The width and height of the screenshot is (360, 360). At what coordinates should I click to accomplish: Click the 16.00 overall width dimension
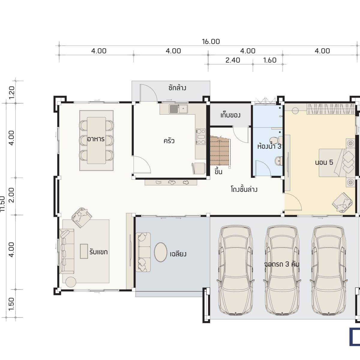click(x=211, y=41)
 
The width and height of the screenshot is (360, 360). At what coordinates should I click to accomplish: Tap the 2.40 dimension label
click(x=232, y=60)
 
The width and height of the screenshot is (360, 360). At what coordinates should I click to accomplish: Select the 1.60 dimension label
click(x=270, y=60)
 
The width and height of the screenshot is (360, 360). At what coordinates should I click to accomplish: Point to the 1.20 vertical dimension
click(x=12, y=92)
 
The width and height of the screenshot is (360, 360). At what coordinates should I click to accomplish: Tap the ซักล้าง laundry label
click(x=177, y=88)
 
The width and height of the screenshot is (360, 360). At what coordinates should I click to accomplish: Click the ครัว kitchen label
click(x=169, y=141)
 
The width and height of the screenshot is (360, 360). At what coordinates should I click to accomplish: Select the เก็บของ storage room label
click(x=230, y=115)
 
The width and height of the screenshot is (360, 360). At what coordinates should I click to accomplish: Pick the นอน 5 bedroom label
click(x=324, y=162)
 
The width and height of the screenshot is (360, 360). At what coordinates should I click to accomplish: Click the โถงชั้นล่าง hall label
click(x=244, y=189)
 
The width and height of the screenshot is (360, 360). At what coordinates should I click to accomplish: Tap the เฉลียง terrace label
click(x=178, y=254)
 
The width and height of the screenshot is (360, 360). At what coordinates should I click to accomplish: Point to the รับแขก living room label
click(x=98, y=252)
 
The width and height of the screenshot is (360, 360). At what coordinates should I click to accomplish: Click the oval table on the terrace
click(x=160, y=252)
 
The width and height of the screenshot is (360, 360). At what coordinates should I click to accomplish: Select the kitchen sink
click(x=178, y=109)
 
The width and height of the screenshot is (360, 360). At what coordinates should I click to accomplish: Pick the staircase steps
click(x=220, y=150)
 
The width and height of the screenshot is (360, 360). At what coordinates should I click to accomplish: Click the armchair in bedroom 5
click(x=342, y=202)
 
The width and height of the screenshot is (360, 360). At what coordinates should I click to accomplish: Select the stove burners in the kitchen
click(x=201, y=136)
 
